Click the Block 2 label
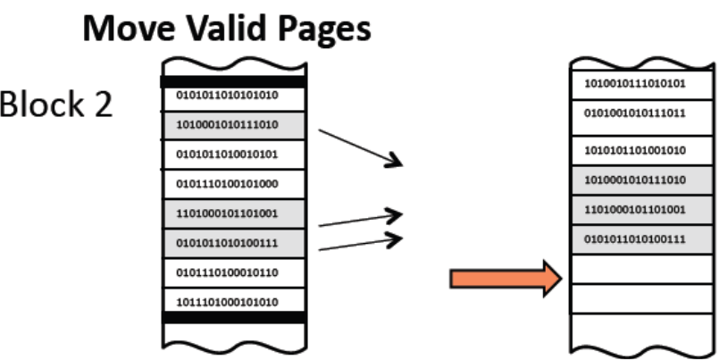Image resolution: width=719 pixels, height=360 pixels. coord(56,105)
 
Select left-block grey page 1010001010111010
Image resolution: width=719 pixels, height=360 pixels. coord(228,125)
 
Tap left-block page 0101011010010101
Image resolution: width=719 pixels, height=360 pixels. coord(228,154)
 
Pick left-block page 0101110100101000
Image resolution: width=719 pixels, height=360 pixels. coord(228,183)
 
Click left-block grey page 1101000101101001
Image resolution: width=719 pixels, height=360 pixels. coord(228,213)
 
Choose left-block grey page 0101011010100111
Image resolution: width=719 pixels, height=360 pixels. coord(228,242)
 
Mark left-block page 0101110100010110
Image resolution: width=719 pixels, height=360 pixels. coord(228,271)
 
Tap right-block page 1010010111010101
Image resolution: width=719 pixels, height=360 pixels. coord(634,85)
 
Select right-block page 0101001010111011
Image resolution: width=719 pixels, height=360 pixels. coord(634,114)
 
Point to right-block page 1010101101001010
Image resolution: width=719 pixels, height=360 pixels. coord(634,149)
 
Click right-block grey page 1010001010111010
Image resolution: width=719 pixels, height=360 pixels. coord(634,180)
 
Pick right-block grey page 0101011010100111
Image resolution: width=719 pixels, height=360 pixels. coord(634,239)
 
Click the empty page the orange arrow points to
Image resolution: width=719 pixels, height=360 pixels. coord(634,269)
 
